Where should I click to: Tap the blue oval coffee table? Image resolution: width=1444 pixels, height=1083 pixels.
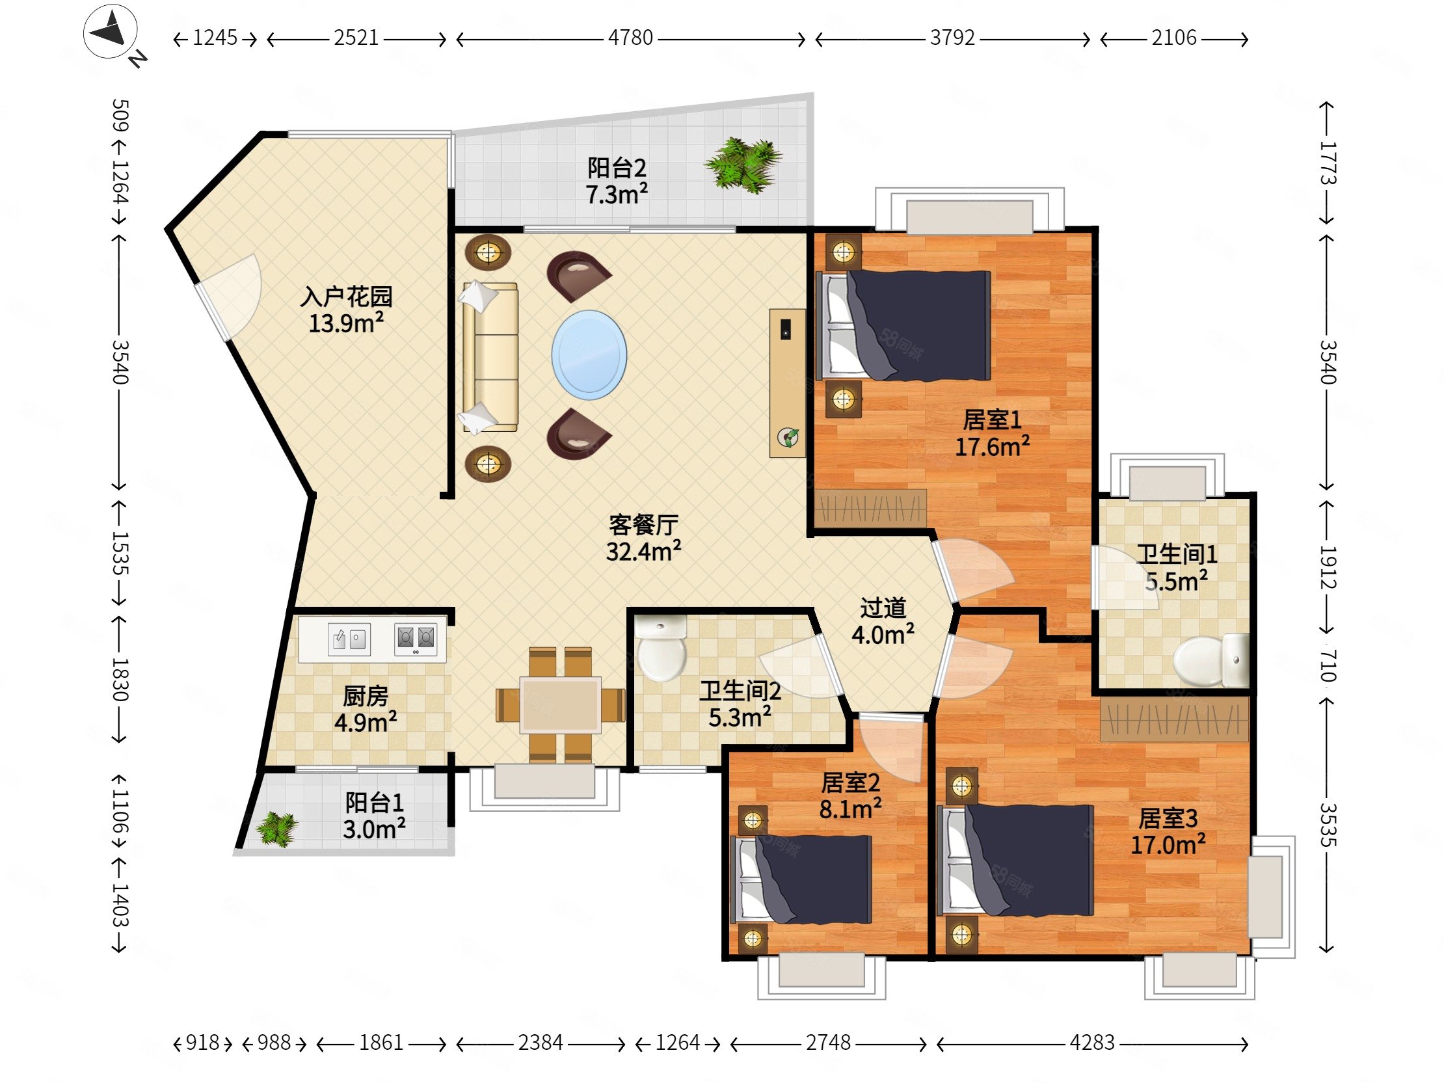coord(589,355)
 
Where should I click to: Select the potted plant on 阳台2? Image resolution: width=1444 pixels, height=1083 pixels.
coord(743,165)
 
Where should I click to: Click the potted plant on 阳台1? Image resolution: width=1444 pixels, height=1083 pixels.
coord(277,829)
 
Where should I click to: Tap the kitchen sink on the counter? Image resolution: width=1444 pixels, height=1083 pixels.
coord(349,639)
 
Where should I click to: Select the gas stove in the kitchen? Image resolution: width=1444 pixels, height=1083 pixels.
coord(415,639)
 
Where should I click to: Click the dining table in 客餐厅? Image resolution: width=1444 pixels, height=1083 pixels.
coord(561,704)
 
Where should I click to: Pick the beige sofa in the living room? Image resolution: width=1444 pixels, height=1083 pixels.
coord(490,356)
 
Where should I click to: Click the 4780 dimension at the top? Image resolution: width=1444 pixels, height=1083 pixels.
coord(630,38)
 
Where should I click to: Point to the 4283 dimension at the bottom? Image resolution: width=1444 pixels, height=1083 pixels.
coord(1092,1043)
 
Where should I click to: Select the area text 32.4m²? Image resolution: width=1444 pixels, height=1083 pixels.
coord(644,552)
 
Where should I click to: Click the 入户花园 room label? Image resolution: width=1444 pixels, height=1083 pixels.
coord(346,297)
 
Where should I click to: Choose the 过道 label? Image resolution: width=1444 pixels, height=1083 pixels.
coord(883,608)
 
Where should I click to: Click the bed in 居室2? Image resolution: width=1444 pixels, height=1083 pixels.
coord(805,880)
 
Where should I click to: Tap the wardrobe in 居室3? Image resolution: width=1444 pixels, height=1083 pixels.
coord(1175,719)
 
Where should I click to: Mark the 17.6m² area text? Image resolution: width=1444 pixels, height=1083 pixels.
coord(992,447)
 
